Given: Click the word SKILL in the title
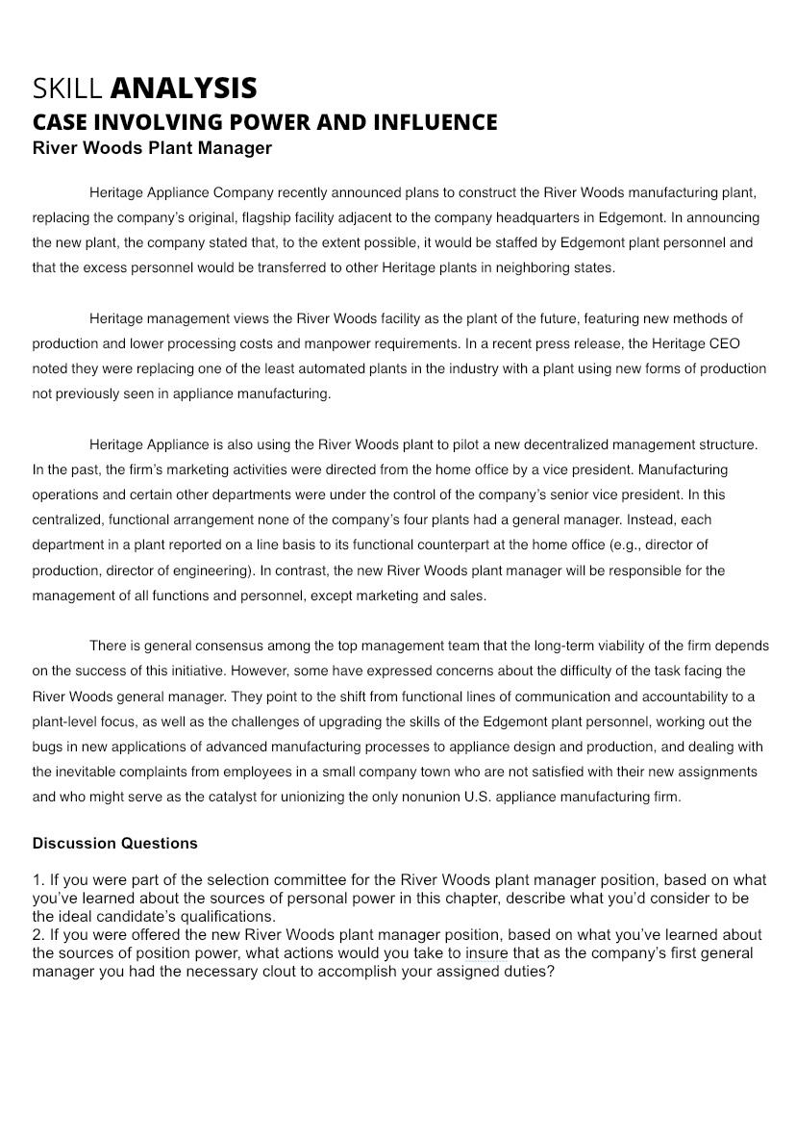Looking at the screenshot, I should pyautogui.click(x=67, y=89).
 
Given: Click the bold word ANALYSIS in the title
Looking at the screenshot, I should pyautogui.click(x=184, y=89).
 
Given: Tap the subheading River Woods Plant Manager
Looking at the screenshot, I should pyautogui.click(x=152, y=148).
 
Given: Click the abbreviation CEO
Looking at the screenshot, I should pyautogui.click(x=724, y=343).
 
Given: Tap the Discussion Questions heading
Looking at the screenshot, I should pyautogui.click(x=114, y=844).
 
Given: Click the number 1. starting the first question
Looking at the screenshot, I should pyautogui.click(x=38, y=879).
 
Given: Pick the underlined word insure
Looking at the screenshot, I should pyautogui.click(x=486, y=953).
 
